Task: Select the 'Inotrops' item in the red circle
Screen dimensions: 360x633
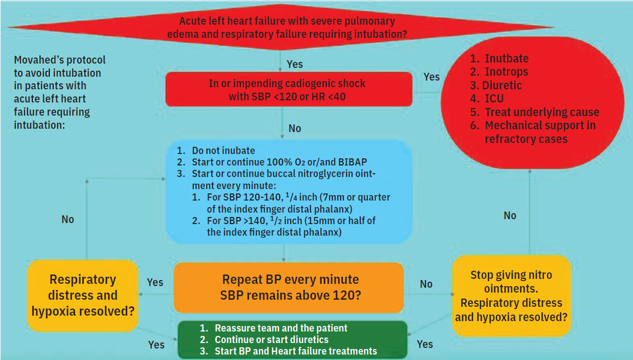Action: click(507, 72)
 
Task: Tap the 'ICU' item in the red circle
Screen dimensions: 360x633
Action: click(494, 99)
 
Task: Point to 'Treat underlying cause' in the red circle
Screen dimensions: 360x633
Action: click(542, 112)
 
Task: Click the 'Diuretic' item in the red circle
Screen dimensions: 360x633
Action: click(502, 85)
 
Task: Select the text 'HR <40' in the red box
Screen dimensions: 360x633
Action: click(333, 96)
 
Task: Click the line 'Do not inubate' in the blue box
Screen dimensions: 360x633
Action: click(223, 150)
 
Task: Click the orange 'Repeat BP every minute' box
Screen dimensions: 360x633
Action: click(289, 287)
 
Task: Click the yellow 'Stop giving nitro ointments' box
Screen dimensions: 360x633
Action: click(511, 295)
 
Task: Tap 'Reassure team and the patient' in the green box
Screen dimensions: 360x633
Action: click(281, 328)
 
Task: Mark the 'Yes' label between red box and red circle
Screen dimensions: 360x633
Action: click(431, 77)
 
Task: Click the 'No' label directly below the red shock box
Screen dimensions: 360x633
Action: click(295, 128)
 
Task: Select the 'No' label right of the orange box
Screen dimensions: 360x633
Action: click(426, 284)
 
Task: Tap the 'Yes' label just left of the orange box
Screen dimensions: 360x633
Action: click(155, 282)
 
